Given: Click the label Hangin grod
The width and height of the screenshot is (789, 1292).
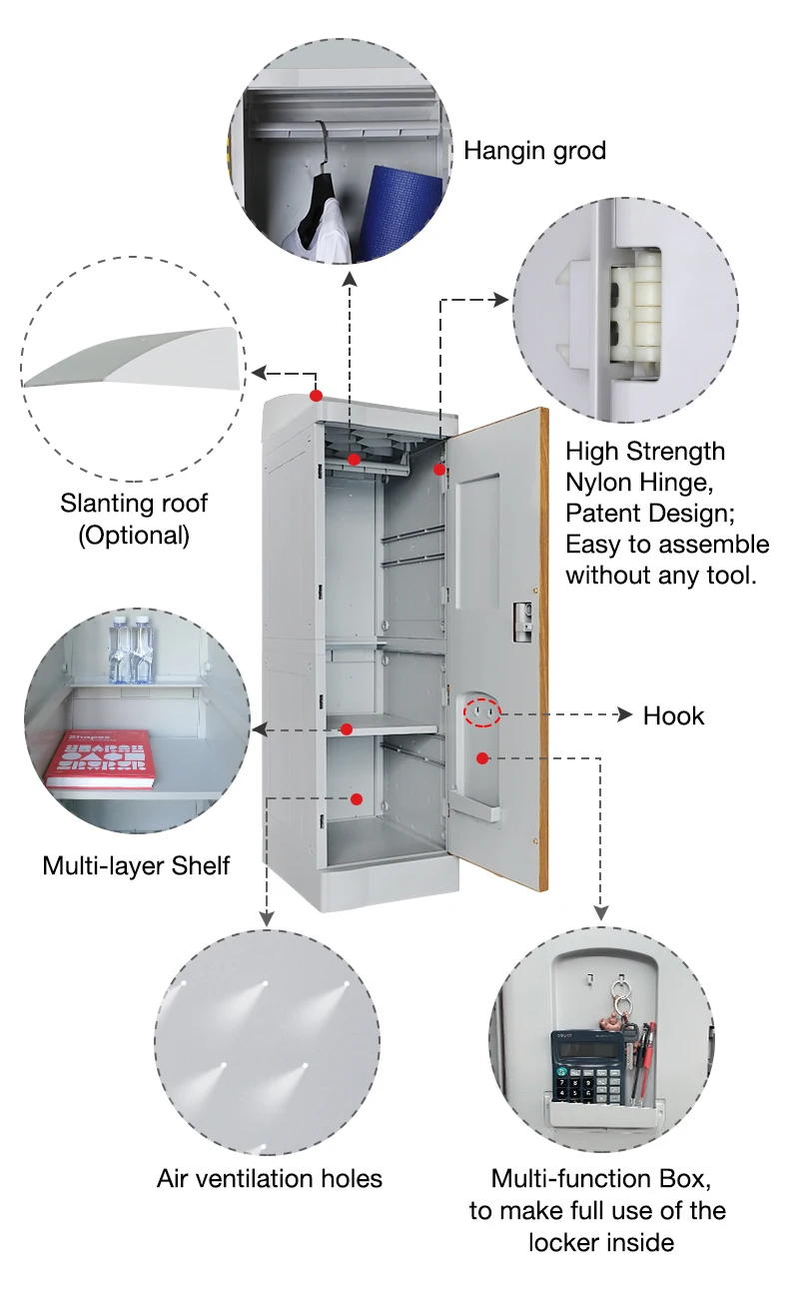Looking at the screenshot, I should tap(534, 151).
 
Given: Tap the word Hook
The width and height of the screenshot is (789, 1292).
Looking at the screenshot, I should tap(673, 715).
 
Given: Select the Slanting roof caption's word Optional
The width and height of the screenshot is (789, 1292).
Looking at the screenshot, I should tap(135, 535).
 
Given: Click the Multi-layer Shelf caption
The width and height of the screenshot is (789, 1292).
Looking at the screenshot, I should tap(136, 864).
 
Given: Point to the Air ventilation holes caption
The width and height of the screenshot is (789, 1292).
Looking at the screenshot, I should tap(270, 1178).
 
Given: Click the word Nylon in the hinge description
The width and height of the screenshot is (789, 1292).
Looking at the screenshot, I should tap(600, 482).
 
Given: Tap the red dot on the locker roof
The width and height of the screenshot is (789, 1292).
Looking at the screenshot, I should tap(316, 396).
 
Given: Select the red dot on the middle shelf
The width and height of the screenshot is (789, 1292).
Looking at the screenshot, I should tap(346, 727).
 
